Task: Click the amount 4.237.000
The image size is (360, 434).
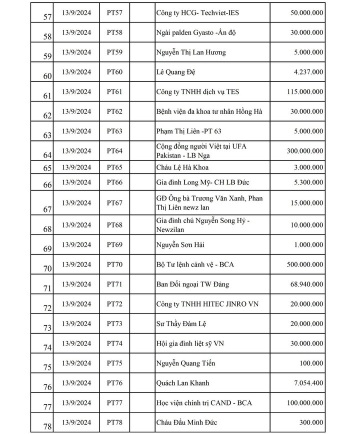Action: (x=307, y=72)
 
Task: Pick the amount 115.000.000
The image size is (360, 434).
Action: (x=300, y=91)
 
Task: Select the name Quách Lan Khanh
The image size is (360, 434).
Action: (x=183, y=383)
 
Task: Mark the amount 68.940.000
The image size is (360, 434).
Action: (x=303, y=284)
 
